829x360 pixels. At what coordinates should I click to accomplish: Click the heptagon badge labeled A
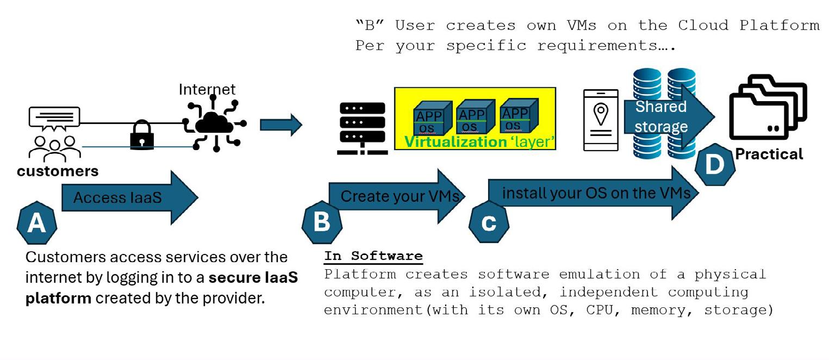[x=36, y=224]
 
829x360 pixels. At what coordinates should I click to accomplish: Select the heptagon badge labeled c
[x=489, y=223]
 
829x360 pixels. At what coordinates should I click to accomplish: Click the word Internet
[x=207, y=89]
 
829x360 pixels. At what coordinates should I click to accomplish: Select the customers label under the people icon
[x=58, y=171]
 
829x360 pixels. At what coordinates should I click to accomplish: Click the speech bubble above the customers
[x=54, y=118]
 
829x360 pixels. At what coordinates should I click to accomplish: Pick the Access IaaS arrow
[x=130, y=197]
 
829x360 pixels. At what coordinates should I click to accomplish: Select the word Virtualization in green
[x=455, y=142]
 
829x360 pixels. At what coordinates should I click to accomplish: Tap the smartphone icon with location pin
[x=601, y=120]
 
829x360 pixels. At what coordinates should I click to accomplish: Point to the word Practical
[x=769, y=154]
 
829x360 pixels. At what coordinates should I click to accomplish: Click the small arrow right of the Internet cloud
[x=281, y=125]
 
